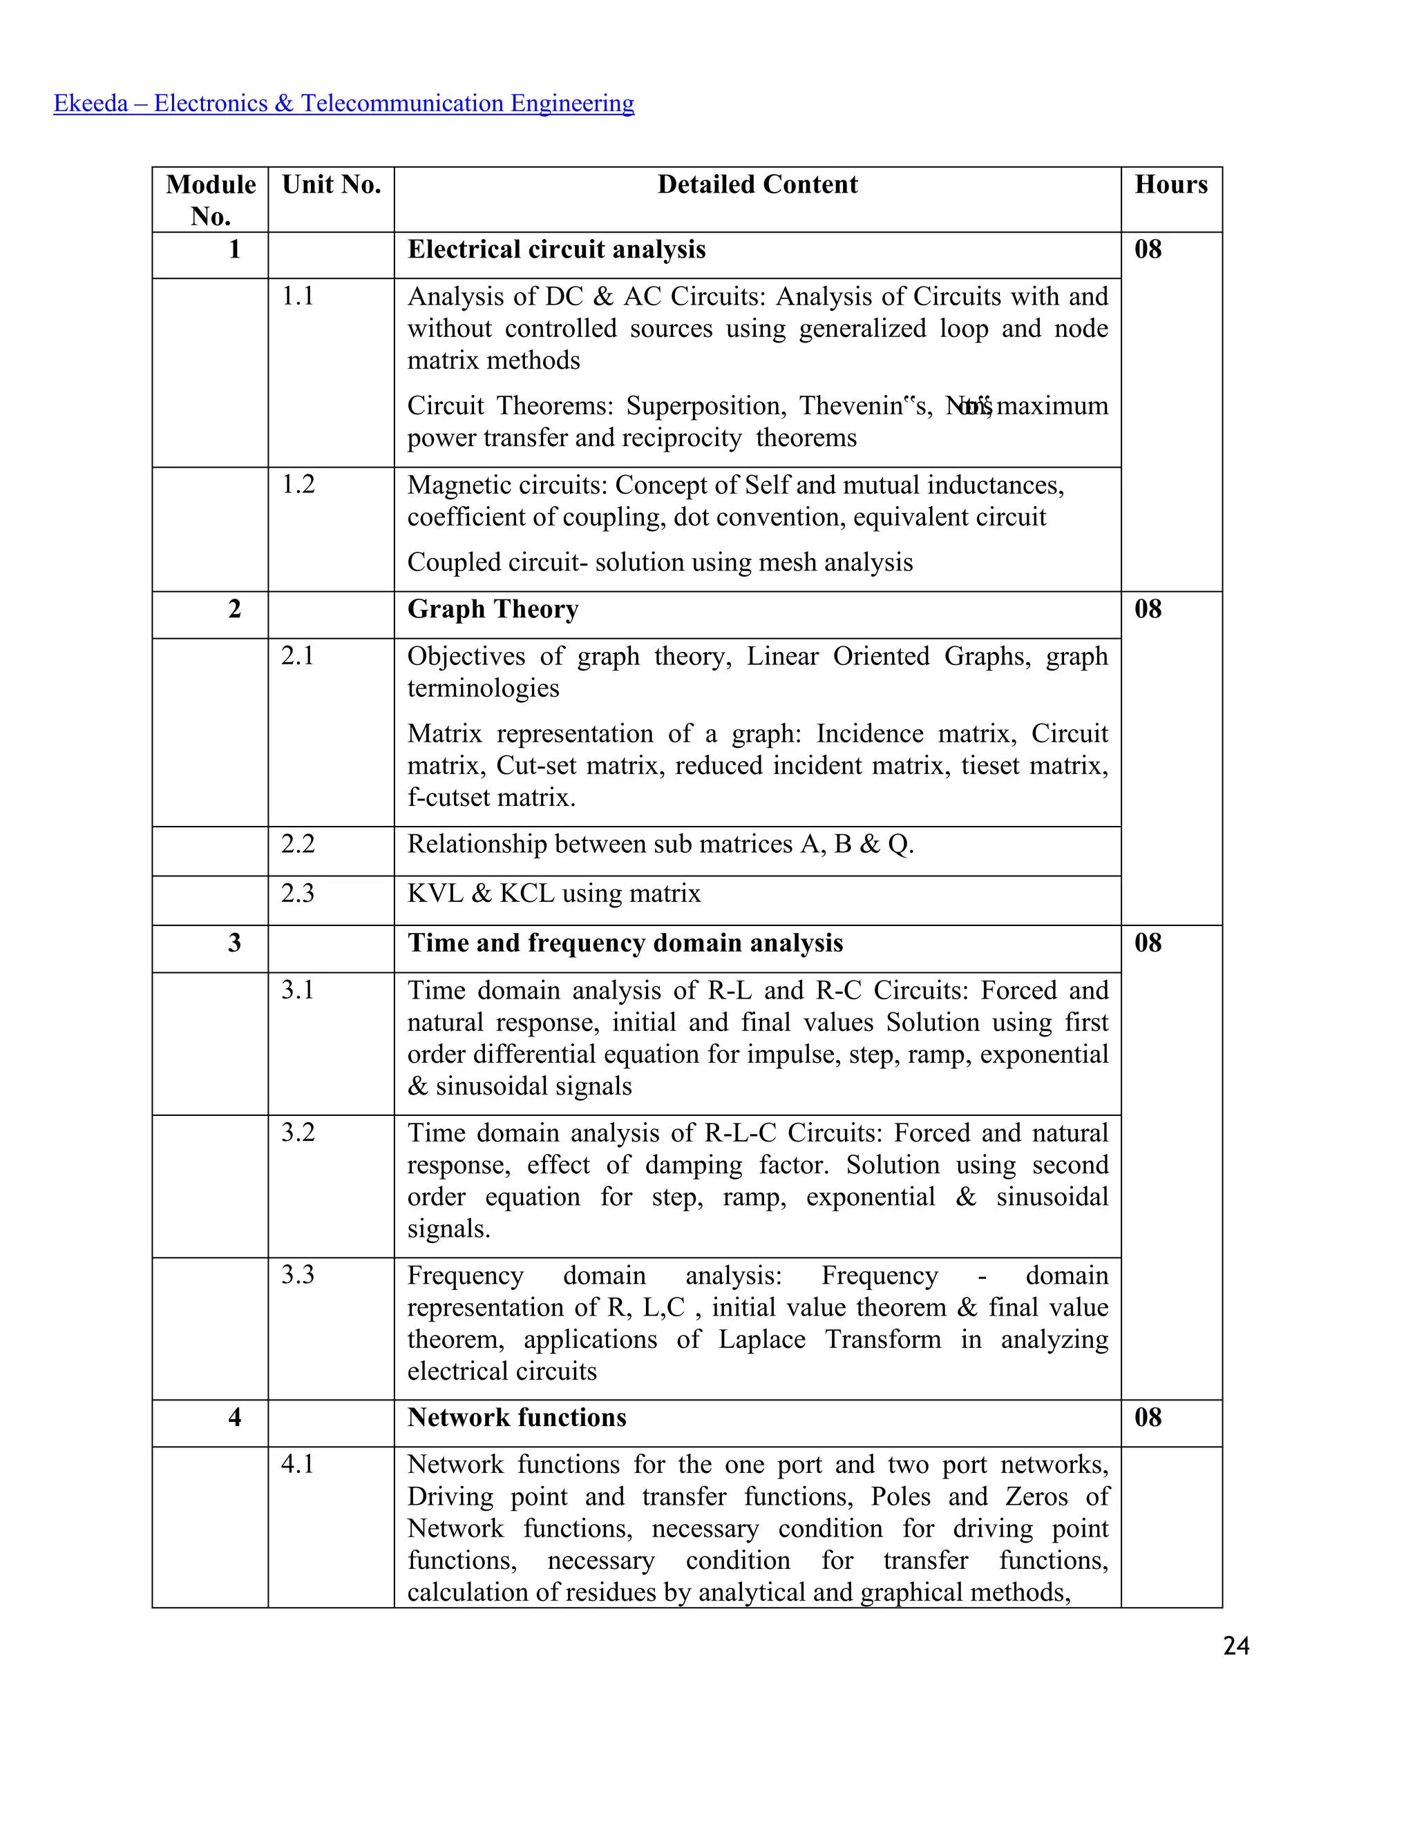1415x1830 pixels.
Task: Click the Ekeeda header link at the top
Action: (x=343, y=103)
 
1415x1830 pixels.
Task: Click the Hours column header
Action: (x=1170, y=184)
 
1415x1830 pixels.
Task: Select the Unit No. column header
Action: (x=331, y=184)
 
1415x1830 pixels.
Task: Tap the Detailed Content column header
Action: (x=757, y=184)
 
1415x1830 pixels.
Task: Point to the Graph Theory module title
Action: (x=493, y=609)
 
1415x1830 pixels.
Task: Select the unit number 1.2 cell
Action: (x=298, y=484)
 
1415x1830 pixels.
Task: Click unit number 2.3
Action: (x=298, y=893)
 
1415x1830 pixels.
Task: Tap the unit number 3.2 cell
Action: (x=298, y=1133)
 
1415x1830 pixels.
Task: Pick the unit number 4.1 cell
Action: (x=298, y=1465)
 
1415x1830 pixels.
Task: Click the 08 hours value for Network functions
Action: (x=1148, y=1418)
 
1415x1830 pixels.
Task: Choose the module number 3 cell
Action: (x=235, y=943)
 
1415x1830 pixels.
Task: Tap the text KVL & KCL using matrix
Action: (x=553, y=893)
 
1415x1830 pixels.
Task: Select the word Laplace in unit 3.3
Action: (x=761, y=1339)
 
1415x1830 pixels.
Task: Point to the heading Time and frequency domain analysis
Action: (x=625, y=943)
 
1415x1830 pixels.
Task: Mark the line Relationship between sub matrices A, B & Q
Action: (x=660, y=845)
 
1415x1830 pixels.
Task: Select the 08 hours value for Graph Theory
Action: (x=1148, y=609)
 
